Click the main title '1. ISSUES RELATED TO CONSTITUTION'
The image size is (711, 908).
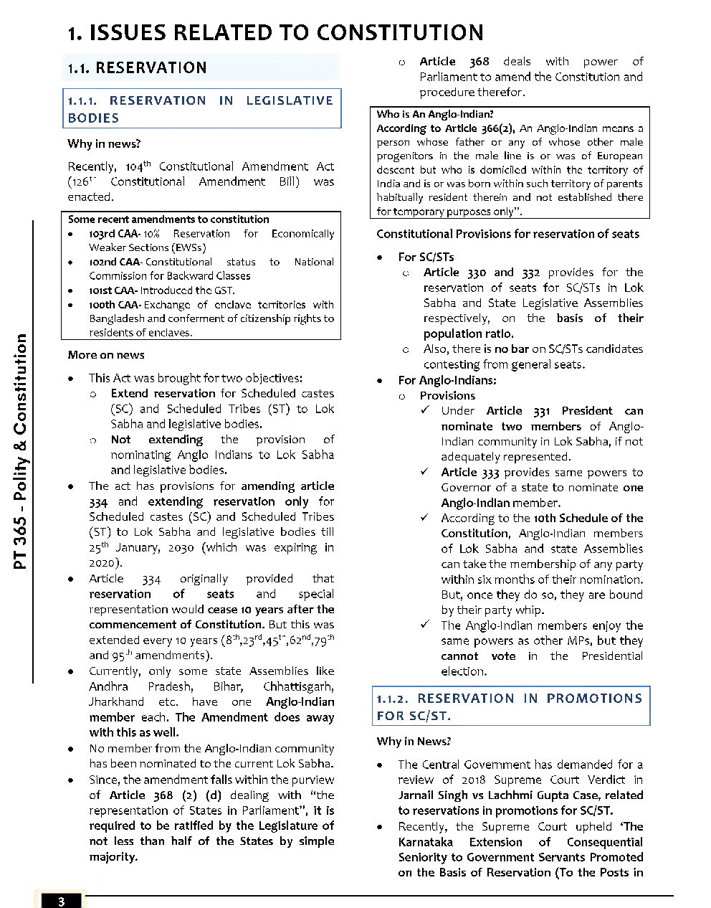(x=275, y=33)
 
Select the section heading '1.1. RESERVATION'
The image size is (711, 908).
(x=137, y=68)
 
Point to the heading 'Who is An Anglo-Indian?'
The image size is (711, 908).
(x=435, y=114)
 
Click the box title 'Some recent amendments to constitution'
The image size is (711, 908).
(x=168, y=219)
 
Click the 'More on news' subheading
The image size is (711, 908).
(x=106, y=355)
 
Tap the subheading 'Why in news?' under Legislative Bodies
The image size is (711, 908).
(x=104, y=143)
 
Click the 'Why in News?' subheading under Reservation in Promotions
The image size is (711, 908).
(x=414, y=742)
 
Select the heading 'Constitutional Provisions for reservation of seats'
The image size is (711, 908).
(x=507, y=234)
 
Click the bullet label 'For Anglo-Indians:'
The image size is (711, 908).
(x=447, y=380)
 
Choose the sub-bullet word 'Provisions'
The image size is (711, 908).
(x=447, y=395)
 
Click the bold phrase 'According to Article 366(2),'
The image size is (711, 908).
(x=446, y=128)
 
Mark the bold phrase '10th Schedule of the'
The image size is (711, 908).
(x=588, y=518)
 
